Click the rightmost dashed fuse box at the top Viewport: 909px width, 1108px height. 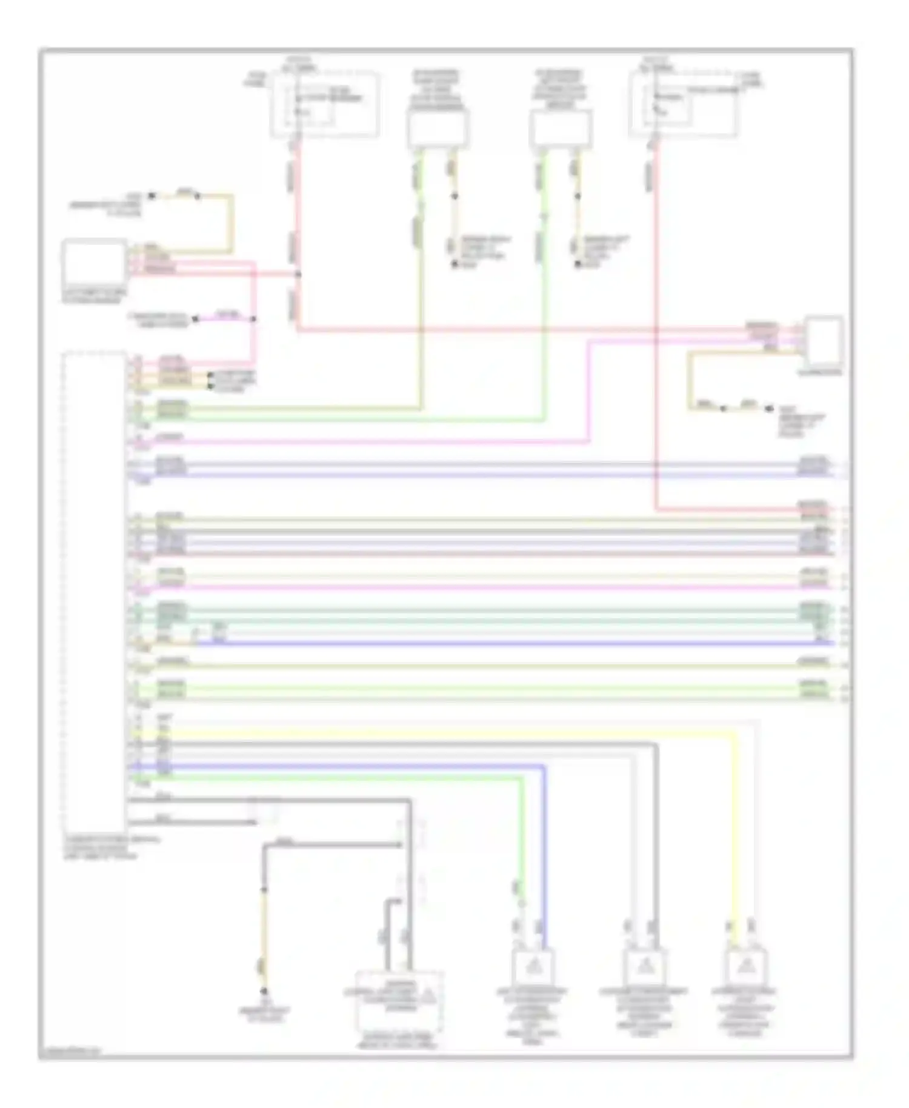[684, 104]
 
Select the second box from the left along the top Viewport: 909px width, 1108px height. [438, 128]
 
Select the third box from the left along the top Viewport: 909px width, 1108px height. [560, 128]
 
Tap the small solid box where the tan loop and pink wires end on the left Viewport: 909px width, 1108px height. [94, 262]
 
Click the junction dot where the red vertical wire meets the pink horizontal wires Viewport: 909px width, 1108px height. [298, 275]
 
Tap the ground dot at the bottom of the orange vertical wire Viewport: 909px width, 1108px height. [264, 991]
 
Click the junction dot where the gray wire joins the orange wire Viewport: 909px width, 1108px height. [264, 890]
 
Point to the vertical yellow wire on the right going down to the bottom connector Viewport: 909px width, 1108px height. [736, 836]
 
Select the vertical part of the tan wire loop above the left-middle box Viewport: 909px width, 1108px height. [231, 223]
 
